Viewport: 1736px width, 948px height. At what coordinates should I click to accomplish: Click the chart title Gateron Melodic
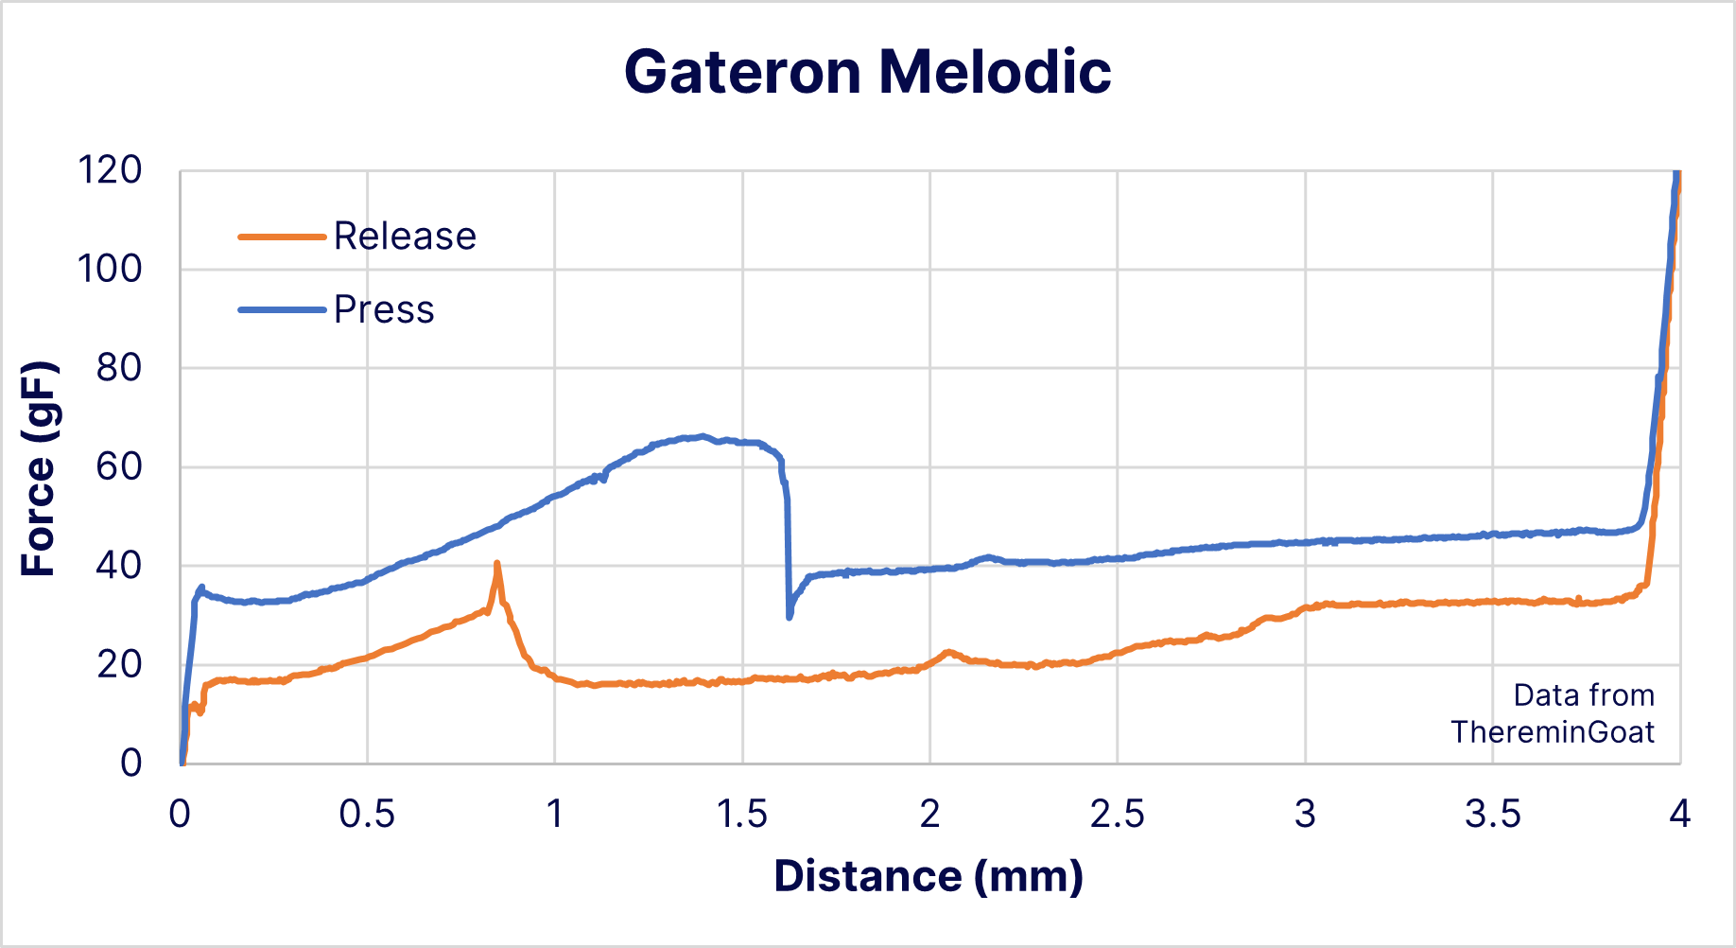tap(867, 72)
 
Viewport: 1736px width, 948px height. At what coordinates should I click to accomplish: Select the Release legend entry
tap(405, 237)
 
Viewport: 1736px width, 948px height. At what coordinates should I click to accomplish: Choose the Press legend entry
tap(384, 310)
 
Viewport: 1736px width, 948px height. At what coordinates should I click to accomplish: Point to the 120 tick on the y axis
tap(110, 171)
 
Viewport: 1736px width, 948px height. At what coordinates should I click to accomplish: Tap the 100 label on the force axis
tap(110, 270)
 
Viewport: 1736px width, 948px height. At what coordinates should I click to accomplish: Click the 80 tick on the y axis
tap(118, 368)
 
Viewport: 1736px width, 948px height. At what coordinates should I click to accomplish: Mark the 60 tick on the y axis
tap(118, 467)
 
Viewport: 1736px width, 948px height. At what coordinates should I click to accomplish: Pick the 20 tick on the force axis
tap(118, 665)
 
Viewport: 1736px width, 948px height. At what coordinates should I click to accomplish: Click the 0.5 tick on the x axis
tap(367, 815)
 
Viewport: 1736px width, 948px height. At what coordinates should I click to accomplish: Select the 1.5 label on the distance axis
tap(742, 815)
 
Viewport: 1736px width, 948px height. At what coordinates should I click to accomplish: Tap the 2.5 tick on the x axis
tap(1117, 815)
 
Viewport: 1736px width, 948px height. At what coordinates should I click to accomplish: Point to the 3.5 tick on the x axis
tap(1492, 815)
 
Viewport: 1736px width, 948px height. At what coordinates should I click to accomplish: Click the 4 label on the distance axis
tap(1679, 815)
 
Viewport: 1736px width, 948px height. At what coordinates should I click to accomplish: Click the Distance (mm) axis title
tap(929, 877)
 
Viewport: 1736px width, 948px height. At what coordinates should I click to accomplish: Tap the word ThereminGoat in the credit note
tap(1553, 732)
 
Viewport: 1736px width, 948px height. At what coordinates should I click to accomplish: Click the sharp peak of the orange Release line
tap(496, 564)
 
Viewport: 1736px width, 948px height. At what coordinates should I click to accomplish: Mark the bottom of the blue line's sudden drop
tap(790, 617)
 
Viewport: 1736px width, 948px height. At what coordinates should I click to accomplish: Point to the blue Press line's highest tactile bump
tap(701, 436)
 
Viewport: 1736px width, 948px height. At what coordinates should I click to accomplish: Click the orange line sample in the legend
tap(282, 237)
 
